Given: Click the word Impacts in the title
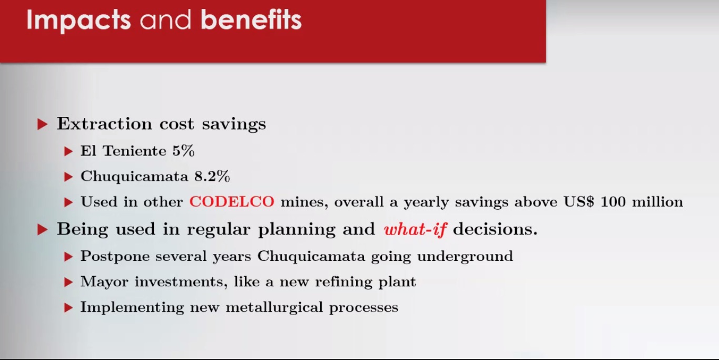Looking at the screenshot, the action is pyautogui.click(x=78, y=21).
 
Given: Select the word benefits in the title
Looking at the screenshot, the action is pyautogui.click(x=251, y=20).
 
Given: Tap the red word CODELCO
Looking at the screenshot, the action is pyautogui.click(x=232, y=202).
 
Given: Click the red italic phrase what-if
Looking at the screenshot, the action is pyautogui.click(x=415, y=229).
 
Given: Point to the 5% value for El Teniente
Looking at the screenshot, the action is pyautogui.click(x=183, y=151).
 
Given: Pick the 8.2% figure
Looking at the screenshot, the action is pyautogui.click(x=212, y=176).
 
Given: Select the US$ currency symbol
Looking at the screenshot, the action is pyautogui.click(x=579, y=202).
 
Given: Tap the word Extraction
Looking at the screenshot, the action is pyautogui.click(x=104, y=124).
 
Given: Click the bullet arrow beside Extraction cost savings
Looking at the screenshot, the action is pyautogui.click(x=42, y=124).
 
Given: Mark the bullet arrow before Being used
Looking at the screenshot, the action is pyautogui.click(x=42, y=230).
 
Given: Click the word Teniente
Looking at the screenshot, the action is pyautogui.click(x=134, y=151).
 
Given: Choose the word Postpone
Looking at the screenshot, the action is pyautogui.click(x=115, y=257).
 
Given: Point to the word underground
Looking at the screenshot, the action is pyautogui.click(x=465, y=257).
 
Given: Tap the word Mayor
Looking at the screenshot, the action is pyautogui.click(x=104, y=282).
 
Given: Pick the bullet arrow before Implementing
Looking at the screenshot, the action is pyautogui.click(x=68, y=308).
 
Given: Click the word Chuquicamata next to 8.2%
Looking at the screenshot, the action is pyautogui.click(x=134, y=177).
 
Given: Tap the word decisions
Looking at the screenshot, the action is pyautogui.click(x=495, y=229).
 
